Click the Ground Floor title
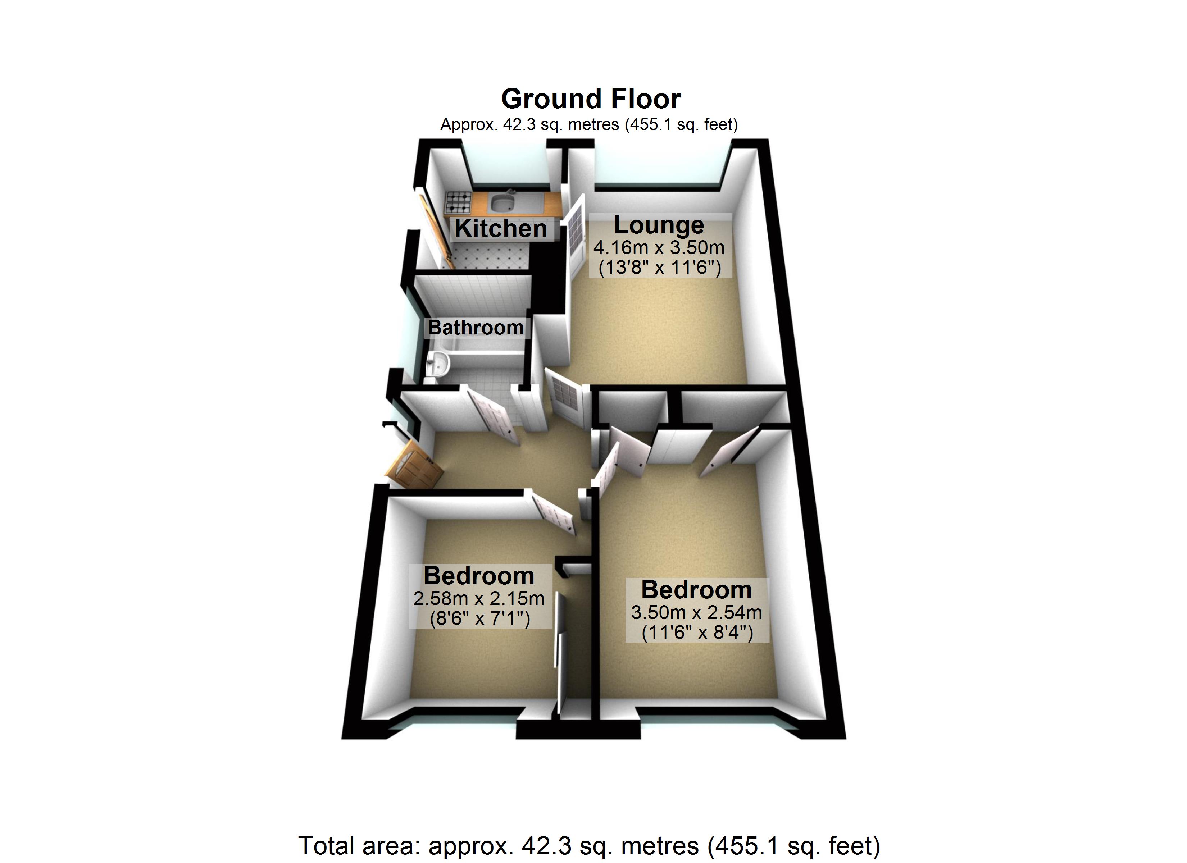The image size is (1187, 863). (x=591, y=99)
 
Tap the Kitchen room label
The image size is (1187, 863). (x=501, y=229)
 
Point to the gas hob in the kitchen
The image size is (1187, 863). (x=458, y=202)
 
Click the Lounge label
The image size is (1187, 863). (x=659, y=225)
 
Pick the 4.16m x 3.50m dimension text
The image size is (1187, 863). (x=659, y=247)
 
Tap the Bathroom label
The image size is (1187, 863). (x=476, y=328)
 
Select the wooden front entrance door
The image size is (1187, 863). (x=414, y=467)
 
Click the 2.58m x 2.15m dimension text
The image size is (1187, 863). (x=479, y=599)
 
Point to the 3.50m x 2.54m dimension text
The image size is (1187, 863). (x=697, y=613)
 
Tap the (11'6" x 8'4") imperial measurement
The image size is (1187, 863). (x=697, y=633)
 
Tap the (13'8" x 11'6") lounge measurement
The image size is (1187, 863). (x=659, y=268)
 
